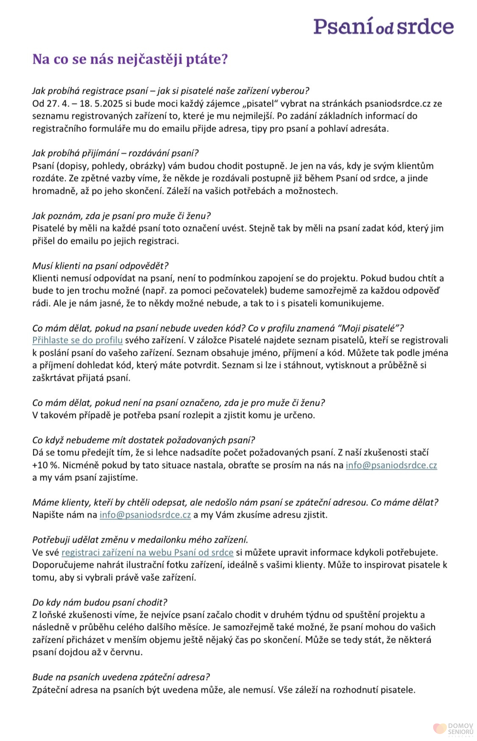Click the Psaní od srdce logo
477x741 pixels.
tap(384, 26)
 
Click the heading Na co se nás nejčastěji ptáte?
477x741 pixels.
tap(130, 59)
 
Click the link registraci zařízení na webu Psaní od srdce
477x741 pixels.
tap(147, 553)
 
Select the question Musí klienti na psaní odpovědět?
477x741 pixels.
tap(100, 266)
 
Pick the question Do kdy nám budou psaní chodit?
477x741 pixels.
tap(100, 602)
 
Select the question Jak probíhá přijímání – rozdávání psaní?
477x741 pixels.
tap(115, 153)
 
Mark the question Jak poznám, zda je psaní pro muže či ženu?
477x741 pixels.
tap(121, 216)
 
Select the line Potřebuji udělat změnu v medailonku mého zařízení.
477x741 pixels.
tap(140, 540)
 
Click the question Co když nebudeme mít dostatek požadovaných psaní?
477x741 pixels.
tap(143, 440)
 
